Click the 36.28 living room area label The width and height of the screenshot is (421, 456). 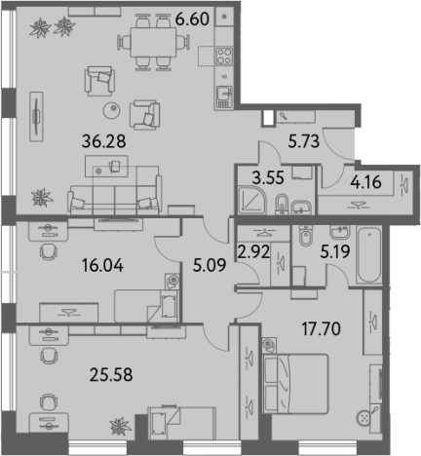103,141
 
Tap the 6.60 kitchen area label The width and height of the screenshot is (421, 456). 192,19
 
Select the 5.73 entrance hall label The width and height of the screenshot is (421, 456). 304,141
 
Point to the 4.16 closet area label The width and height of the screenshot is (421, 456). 365,182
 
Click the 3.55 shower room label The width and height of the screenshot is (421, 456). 268,178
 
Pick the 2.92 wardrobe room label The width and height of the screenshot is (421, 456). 253,251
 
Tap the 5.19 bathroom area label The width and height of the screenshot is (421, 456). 335,251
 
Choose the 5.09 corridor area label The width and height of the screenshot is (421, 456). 210,265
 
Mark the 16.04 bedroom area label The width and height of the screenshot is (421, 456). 102,265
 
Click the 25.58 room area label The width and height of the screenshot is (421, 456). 111,374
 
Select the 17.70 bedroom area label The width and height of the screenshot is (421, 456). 322,328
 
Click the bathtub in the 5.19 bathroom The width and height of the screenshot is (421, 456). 368,255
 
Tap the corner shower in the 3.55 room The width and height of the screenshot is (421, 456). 252,200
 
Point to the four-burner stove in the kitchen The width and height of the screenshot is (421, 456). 225,56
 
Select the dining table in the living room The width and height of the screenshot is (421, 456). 153,43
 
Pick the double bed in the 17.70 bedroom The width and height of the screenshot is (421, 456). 295,384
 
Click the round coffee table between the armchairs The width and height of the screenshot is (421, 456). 112,110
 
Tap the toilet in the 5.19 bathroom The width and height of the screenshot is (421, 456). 305,236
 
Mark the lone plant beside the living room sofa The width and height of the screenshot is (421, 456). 42,198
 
